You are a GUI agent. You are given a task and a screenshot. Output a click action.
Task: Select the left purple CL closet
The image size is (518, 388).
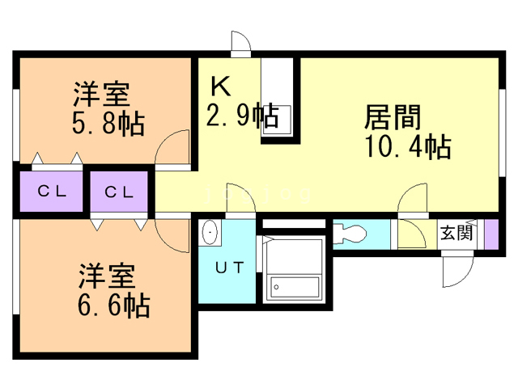click(49, 192)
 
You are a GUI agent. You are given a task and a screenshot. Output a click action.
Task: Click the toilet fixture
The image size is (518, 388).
click(350, 234)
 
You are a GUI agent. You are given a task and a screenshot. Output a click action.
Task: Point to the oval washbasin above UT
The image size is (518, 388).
click(210, 234)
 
